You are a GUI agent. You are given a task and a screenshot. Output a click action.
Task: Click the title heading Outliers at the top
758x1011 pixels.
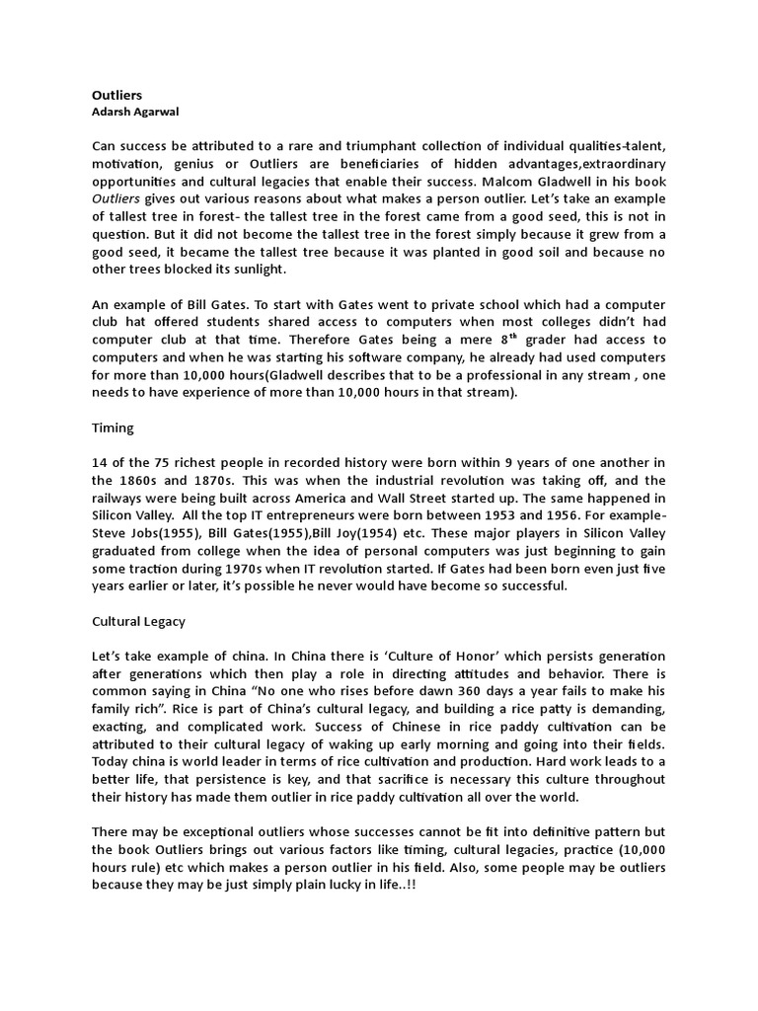[116, 95]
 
